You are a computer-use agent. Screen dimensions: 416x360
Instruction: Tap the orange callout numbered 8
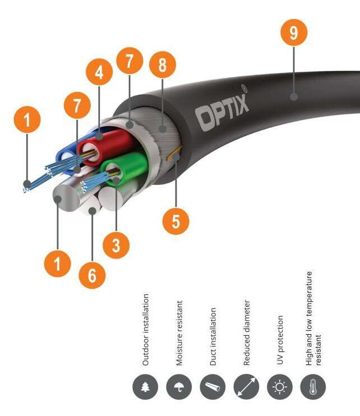(x=162, y=65)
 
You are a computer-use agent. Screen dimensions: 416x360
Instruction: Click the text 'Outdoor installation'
(x=146, y=329)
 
